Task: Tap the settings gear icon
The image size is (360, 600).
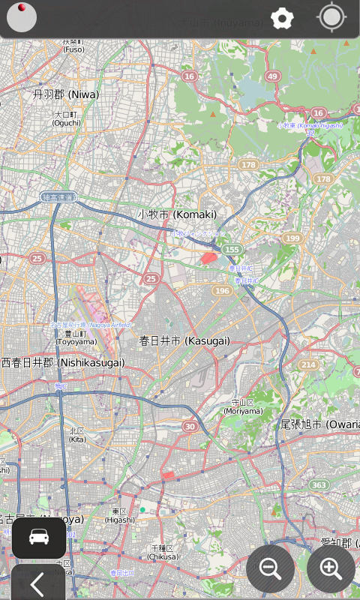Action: click(282, 18)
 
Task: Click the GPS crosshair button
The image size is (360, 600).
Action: click(331, 17)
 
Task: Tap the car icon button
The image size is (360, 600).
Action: click(39, 537)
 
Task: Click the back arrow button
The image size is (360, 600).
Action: click(37, 583)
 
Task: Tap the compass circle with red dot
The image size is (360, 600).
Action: click(22, 17)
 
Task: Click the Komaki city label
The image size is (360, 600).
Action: click(177, 214)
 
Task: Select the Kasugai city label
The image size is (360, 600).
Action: click(184, 340)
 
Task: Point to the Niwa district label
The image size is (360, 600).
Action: click(65, 94)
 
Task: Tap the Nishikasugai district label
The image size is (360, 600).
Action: click(63, 362)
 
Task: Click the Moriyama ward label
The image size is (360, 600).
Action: click(243, 407)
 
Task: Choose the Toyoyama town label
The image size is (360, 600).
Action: click(76, 337)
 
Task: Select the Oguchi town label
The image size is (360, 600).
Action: click(66, 118)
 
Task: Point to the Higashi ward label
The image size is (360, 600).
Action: click(119, 515)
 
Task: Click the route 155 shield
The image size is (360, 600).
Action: click(232, 249)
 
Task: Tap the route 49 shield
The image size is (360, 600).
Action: click(272, 76)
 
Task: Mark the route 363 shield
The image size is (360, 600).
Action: click(319, 485)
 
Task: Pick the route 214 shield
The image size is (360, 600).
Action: click(308, 364)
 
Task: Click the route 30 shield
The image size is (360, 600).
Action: click(190, 427)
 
